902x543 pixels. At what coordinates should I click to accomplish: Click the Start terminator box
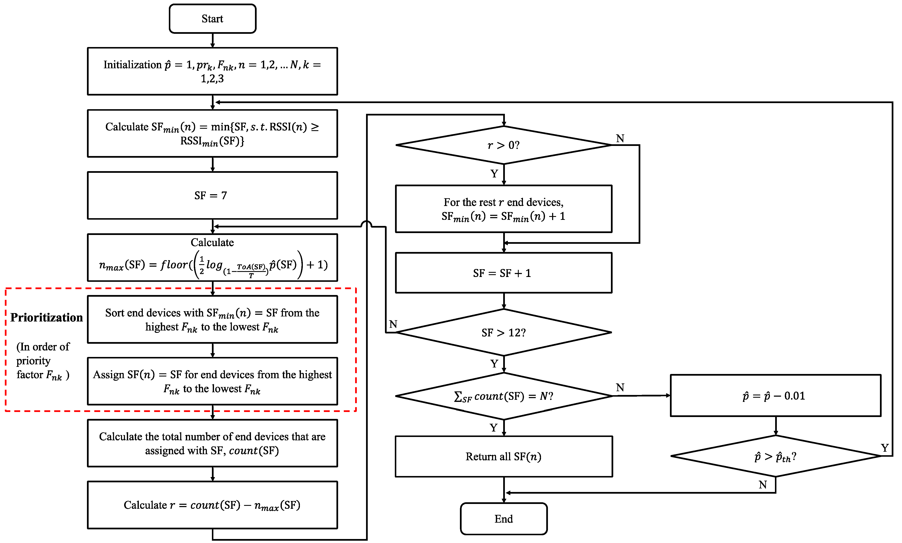(x=212, y=19)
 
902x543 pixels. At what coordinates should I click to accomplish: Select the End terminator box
(x=504, y=518)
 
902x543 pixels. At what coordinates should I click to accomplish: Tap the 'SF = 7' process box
(x=212, y=195)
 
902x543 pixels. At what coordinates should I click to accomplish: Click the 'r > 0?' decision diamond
(x=504, y=145)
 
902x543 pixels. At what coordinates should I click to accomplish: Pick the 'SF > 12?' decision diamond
(x=504, y=332)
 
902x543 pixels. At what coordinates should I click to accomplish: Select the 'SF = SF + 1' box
(x=504, y=273)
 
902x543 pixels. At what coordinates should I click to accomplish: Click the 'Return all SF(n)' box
(x=504, y=456)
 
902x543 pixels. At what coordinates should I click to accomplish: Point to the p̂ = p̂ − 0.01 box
(x=775, y=396)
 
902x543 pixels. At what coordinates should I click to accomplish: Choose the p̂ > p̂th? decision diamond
(x=775, y=456)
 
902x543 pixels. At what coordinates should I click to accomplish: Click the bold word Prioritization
(x=46, y=317)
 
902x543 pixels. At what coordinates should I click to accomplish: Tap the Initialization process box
(x=212, y=71)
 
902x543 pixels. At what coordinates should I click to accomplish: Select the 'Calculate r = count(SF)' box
(x=212, y=505)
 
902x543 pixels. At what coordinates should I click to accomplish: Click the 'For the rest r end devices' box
(x=504, y=209)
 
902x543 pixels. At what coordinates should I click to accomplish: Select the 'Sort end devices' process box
(x=212, y=319)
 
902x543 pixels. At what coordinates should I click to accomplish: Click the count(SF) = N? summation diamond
(x=504, y=396)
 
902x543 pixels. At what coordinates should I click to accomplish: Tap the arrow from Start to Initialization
(x=213, y=40)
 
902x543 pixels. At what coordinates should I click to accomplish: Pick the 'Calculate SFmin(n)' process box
(x=212, y=134)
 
